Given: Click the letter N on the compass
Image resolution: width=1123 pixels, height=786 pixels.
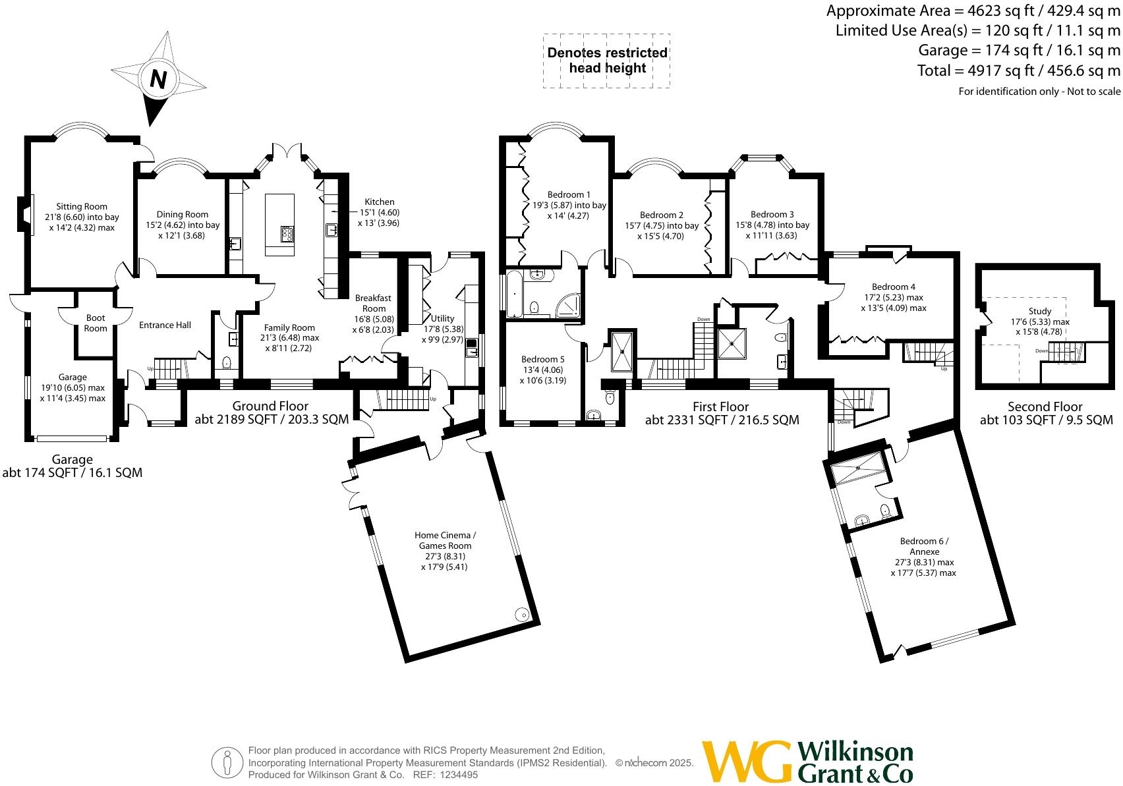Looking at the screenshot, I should coord(158,79).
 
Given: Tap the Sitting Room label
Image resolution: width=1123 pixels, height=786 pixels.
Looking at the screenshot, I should coord(82,206).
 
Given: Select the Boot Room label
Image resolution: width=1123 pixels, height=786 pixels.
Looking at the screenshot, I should coord(96,323).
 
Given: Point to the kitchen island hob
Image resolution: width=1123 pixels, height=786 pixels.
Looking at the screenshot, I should coord(288,234).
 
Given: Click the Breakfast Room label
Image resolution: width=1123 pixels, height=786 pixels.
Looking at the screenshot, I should coord(374,303).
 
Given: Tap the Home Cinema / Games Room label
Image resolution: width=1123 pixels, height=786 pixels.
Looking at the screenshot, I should coord(445,540).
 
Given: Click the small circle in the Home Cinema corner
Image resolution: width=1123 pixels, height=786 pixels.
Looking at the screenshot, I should coord(523,614).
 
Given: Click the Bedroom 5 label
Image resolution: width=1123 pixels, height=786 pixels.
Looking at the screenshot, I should coord(542,359).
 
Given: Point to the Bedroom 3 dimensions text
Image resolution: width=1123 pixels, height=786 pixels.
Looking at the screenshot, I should coord(772,230).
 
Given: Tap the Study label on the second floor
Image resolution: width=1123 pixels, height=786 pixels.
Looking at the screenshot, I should coord(1040,311).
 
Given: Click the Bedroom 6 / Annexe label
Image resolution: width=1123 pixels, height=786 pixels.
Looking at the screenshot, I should coord(924,546).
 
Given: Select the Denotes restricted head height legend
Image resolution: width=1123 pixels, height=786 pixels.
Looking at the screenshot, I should coord(607,61).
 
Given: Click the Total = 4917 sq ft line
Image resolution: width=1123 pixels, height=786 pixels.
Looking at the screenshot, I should coord(1018,70).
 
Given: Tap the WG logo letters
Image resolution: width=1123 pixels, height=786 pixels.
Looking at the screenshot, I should coord(747,761).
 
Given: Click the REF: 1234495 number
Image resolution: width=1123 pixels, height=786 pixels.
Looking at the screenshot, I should coord(455,775).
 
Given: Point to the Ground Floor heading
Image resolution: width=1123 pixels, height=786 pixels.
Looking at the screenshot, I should coord(270,406).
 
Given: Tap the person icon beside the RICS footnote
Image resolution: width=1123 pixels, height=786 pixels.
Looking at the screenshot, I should coord(227,763).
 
